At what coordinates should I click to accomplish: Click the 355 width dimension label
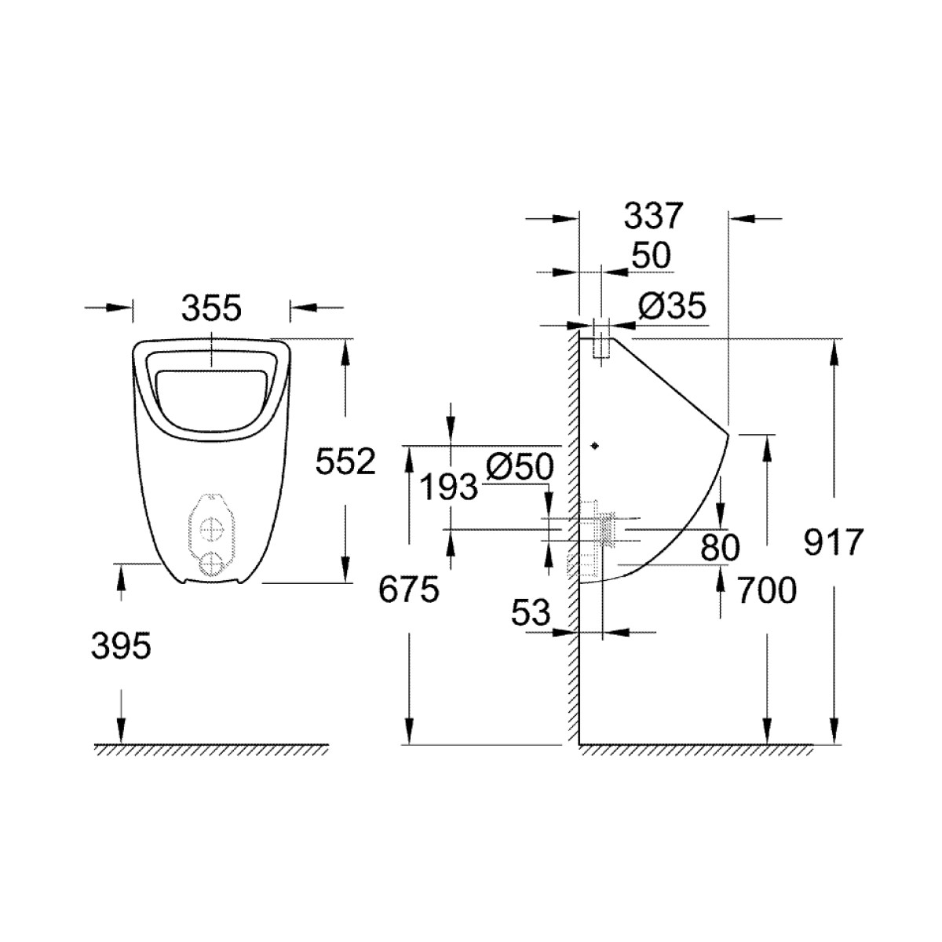coord(212,308)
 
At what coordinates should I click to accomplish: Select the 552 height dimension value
coord(345,461)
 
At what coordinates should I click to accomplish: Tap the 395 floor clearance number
coord(121,645)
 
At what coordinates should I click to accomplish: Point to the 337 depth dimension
coord(652,216)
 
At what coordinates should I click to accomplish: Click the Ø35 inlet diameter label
coord(673,307)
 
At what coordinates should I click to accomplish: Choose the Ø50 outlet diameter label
coord(520,466)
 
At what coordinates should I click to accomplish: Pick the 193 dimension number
coord(449,487)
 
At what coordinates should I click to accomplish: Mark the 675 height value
coord(409,590)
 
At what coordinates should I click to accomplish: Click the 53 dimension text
coord(531,613)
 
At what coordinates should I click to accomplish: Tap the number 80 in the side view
coord(720,547)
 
